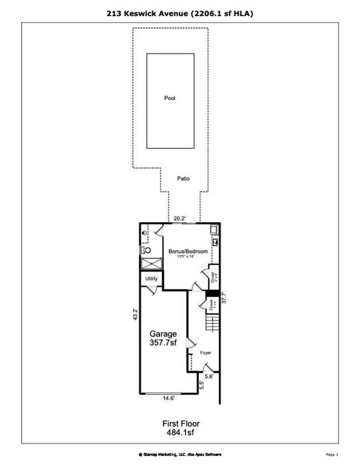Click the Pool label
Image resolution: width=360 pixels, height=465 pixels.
point(169,98)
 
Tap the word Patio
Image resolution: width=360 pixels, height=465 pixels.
point(183,179)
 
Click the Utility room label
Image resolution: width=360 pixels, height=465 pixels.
point(152,279)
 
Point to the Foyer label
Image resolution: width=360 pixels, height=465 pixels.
point(205,352)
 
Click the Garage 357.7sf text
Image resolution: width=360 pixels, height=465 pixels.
point(163,339)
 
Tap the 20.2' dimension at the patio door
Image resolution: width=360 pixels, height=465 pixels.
point(177,218)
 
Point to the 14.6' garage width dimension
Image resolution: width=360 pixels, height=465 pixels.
point(168,397)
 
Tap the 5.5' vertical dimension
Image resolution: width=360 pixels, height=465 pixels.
point(202,385)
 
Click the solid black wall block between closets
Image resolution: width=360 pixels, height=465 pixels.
point(211,294)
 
